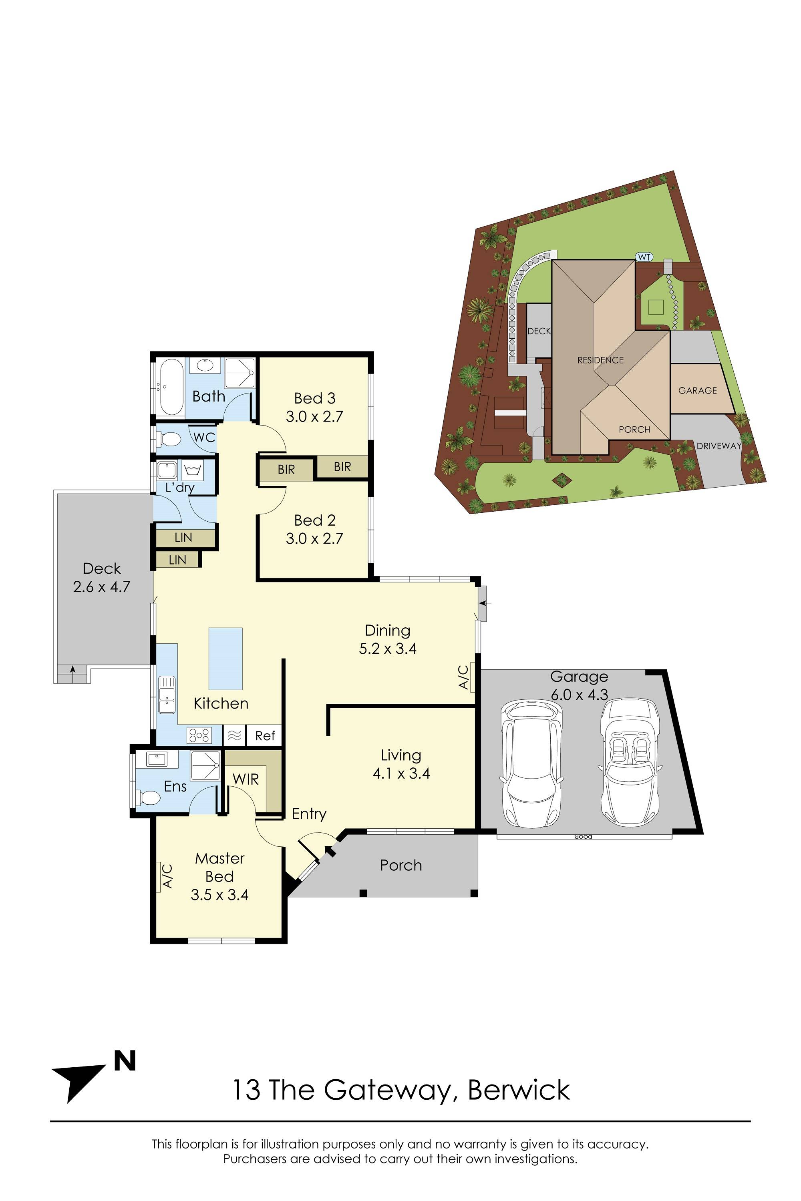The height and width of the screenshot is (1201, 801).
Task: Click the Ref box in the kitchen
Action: coord(265,735)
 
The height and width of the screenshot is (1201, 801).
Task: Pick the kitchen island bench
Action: coord(225,658)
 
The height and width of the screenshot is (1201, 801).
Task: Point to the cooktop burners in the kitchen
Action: coord(199,735)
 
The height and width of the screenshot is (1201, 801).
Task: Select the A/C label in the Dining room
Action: coord(463,677)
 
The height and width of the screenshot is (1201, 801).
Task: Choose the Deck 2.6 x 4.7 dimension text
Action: coord(102,587)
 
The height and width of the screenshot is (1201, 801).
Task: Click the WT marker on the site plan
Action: coord(644,257)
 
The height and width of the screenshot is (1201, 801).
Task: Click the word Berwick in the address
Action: coord(519,1090)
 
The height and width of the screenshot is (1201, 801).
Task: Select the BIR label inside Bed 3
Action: coord(342,466)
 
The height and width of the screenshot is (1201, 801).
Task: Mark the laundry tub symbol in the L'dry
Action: coord(193,468)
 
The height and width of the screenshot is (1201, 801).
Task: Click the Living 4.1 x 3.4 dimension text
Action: coord(401,773)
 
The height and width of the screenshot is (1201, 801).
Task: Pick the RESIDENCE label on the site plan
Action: coord(600,360)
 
